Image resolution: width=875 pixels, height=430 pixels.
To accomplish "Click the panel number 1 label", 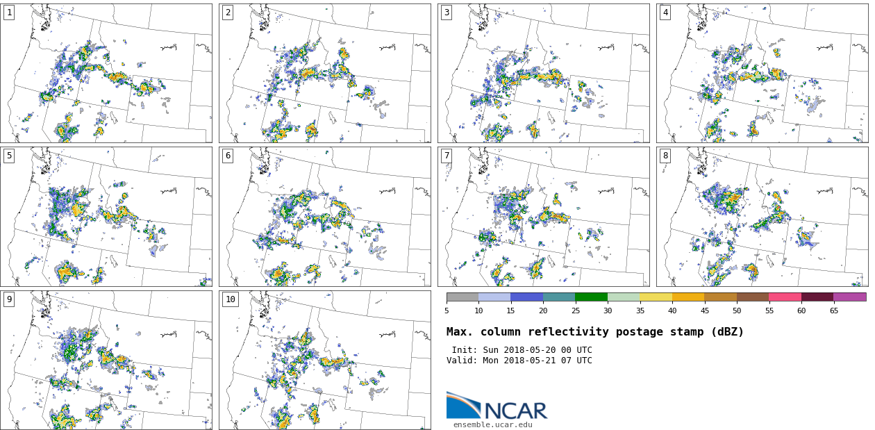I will (9, 13).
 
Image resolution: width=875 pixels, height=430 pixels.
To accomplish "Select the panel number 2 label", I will (228, 13).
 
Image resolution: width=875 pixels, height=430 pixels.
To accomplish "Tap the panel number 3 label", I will (447, 13).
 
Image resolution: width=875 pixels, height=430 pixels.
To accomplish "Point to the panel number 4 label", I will (665, 13).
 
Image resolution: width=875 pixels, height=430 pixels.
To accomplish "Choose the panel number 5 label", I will (9, 156).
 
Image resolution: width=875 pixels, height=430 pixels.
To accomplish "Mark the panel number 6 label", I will (228, 156).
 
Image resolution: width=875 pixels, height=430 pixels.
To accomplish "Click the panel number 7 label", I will (447, 156).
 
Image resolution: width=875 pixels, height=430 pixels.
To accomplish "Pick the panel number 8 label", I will (665, 156).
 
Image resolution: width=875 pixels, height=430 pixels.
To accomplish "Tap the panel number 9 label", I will (9, 299).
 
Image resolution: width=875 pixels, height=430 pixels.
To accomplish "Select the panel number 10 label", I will (230, 299).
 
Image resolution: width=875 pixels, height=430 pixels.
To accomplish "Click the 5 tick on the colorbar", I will (447, 311).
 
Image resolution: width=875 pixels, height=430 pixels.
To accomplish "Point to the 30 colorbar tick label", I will (608, 311).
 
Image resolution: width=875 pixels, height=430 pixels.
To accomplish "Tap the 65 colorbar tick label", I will (833, 311).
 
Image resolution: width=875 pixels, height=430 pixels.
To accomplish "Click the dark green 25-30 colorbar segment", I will (591, 297).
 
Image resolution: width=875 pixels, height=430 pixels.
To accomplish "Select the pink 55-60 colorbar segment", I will (785, 297).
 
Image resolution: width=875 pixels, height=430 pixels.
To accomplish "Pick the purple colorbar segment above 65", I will (849, 297).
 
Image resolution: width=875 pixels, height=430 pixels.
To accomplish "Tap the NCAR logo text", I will (515, 411).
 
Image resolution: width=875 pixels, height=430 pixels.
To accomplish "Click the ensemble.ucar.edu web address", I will (493, 424).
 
